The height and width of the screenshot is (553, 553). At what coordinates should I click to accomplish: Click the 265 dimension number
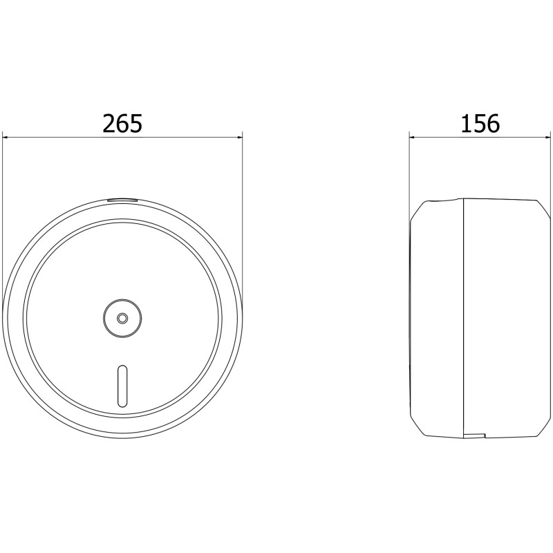[122, 124]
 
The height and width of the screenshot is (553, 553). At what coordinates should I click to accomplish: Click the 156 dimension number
[480, 124]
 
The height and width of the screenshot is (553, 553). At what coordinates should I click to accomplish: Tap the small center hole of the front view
[122, 318]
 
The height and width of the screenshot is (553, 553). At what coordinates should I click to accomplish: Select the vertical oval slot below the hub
[122, 386]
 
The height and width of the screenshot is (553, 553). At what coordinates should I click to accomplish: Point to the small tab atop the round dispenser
[122, 200]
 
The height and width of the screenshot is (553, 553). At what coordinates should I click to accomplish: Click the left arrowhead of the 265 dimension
[6, 138]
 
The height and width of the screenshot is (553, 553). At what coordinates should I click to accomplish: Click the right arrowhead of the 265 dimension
[239, 138]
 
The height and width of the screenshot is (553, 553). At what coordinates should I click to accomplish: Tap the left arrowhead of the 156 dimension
[413, 138]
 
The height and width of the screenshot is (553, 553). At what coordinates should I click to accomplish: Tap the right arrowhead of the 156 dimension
[547, 138]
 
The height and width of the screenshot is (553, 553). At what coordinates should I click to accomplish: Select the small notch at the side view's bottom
[475, 435]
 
